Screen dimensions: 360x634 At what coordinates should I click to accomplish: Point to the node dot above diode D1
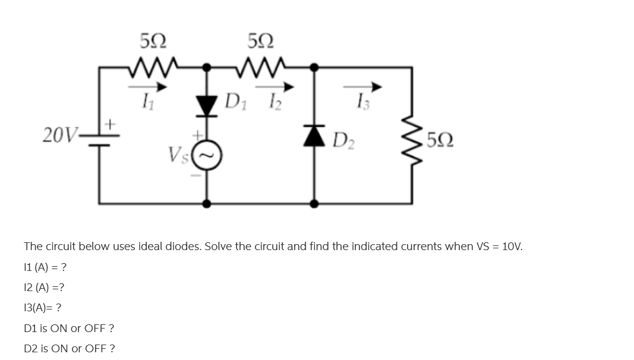[207, 67]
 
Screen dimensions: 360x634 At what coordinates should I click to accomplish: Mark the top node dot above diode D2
[315, 67]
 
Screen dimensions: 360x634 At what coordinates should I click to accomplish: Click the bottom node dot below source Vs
[207, 204]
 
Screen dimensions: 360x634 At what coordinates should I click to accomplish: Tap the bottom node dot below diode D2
[315, 204]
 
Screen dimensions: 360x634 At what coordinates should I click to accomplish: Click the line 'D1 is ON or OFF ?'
[69, 329]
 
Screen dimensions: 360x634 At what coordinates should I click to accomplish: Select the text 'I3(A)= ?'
[43, 308]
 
